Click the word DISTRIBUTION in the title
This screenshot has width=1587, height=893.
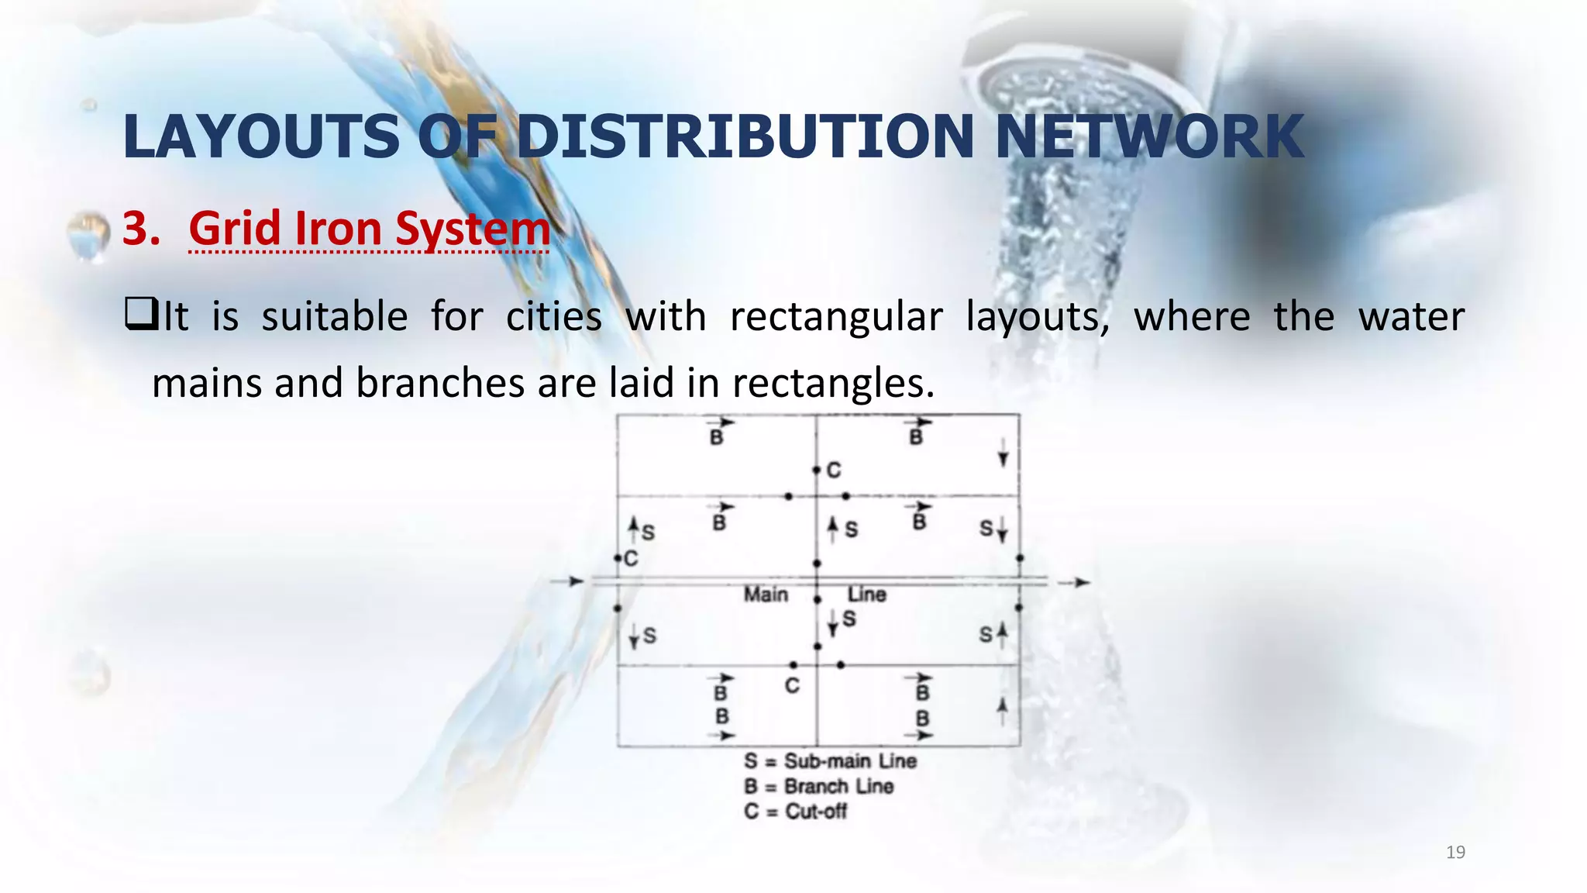[x=745, y=136]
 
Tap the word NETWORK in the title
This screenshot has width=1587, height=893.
[x=1149, y=136]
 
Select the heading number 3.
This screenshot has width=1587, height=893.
[x=140, y=229]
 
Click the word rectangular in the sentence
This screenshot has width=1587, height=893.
[x=836, y=316]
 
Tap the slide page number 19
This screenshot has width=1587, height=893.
[x=1455, y=853]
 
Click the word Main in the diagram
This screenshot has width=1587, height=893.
[x=766, y=595]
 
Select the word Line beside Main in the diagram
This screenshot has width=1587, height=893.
[x=866, y=595]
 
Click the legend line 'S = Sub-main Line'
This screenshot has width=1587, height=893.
[x=830, y=761]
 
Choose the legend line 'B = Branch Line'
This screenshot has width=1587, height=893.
[x=818, y=786]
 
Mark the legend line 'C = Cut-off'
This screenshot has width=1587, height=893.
[x=795, y=812]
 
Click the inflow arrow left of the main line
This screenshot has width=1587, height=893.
[x=569, y=581]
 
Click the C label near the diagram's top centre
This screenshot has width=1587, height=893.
[x=834, y=471]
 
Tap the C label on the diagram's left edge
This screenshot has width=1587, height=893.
[x=631, y=559]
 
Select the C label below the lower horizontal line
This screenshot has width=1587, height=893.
[x=791, y=686]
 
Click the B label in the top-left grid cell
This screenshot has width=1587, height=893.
[x=717, y=438]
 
